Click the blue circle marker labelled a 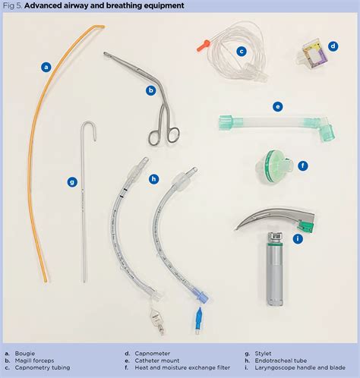pos(46,67)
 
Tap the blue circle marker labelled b pos(151,90)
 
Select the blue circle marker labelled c pos(242,52)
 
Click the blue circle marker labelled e pos(278,106)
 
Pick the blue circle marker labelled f pos(302,165)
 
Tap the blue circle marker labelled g pos(72,181)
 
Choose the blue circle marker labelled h pos(153,179)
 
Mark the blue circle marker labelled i pos(298,238)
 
